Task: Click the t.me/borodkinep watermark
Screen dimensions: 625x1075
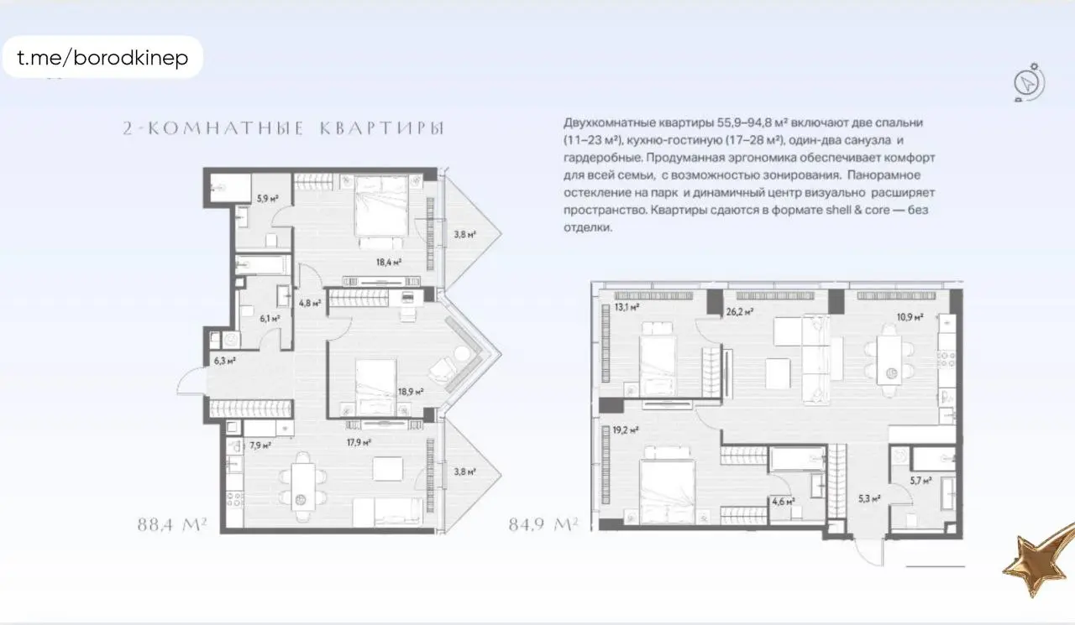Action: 102,58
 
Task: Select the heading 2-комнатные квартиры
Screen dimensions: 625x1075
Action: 283,128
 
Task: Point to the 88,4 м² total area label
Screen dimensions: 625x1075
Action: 172,526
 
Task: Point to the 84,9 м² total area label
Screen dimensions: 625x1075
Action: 543,526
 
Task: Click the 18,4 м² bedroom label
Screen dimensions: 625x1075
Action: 389,262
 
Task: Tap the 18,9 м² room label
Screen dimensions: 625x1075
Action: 411,391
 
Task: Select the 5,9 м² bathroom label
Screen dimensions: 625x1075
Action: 267,199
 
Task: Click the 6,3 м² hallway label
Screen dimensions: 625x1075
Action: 224,361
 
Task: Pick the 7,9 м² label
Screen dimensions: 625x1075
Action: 260,445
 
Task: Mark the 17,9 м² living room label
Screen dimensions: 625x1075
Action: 359,442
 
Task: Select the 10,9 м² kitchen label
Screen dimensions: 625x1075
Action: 910,317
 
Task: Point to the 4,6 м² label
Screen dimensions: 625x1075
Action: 783,502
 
